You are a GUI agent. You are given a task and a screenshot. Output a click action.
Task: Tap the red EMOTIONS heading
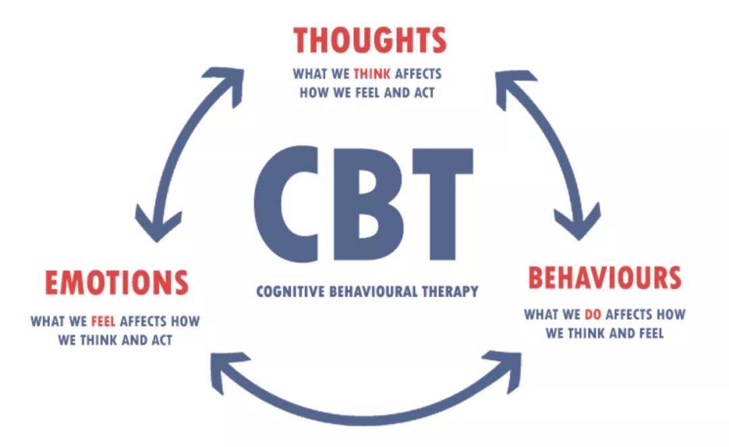point(117,282)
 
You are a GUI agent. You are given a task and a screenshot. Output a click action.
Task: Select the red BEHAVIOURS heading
point(605,278)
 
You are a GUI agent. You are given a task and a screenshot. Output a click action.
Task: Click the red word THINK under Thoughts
point(372,74)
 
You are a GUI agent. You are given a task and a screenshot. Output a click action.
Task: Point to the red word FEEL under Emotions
point(103,321)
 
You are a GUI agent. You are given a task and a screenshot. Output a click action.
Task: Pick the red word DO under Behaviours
point(593,315)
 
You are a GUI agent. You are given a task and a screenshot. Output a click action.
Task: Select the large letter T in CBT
point(442,204)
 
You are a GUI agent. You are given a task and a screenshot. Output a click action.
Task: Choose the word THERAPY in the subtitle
point(450,292)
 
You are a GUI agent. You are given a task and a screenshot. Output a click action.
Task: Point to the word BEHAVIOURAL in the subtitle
point(373,292)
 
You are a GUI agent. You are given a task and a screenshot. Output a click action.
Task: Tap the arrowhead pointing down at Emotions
point(157,226)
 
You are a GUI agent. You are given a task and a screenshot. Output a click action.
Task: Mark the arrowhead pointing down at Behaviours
point(578,223)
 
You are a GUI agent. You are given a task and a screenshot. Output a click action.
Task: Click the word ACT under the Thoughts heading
point(423,93)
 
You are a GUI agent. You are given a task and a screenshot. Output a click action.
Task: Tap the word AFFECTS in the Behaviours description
point(628,315)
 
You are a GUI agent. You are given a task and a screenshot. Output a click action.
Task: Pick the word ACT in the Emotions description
point(162,340)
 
